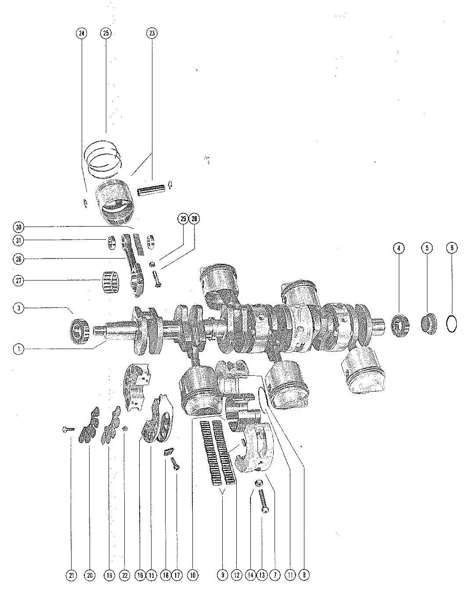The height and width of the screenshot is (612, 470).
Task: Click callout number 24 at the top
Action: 81,33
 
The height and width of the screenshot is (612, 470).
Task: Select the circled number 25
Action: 105,33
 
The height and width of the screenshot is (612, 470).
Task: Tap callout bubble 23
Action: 152,33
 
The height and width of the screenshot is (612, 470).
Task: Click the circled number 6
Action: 452,248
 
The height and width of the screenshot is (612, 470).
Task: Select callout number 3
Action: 18,308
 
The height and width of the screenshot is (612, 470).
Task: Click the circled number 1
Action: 18,349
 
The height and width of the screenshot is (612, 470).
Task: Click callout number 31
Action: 18,241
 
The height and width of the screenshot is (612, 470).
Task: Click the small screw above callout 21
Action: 69,429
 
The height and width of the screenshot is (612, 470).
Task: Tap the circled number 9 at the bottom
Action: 223,575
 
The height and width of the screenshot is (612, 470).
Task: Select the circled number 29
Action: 183,218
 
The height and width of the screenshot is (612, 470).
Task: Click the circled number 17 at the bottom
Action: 177,575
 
